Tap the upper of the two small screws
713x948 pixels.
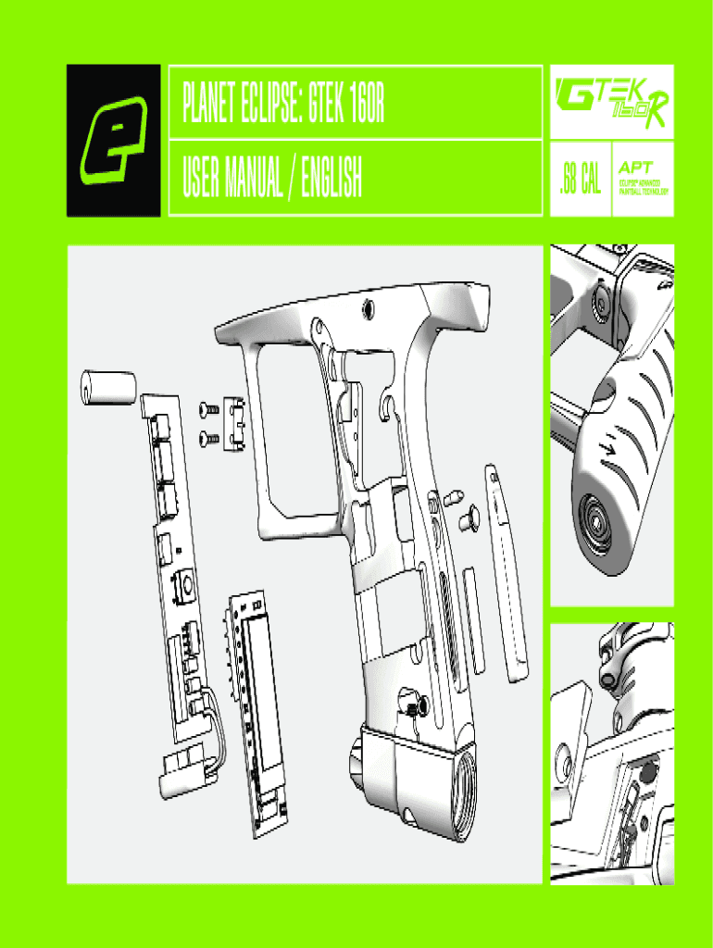point(207,409)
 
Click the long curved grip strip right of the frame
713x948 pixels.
point(508,574)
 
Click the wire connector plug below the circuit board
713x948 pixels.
point(183,767)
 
